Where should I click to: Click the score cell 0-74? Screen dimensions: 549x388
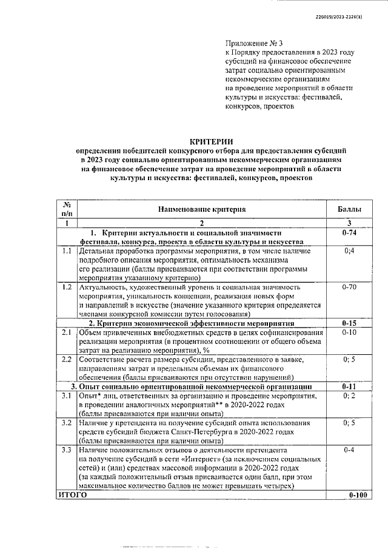coord(349,232)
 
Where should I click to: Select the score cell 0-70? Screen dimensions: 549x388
coord(349,286)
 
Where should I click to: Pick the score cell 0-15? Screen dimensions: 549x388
coord(349,323)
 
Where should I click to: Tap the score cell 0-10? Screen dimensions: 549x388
coord(349,332)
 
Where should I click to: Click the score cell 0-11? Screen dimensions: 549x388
coord(349,386)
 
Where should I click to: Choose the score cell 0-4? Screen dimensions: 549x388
coord(349,450)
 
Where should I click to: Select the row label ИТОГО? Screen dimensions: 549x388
coord(72,495)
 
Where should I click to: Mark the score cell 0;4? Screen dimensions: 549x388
coord(349,250)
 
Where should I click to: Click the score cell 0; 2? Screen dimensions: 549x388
coord(349,396)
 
